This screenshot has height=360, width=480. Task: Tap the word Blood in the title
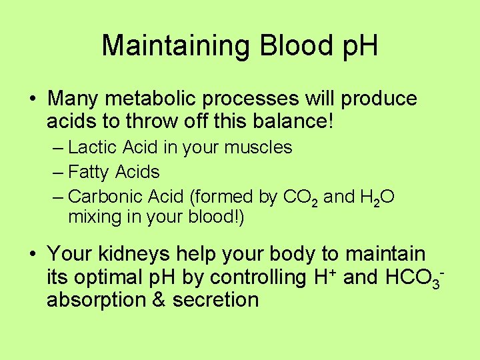(x=285, y=46)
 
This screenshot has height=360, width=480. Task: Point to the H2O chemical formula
(x=379, y=197)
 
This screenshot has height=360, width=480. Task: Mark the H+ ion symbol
(x=325, y=276)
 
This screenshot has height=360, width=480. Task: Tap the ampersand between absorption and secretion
(x=159, y=299)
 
